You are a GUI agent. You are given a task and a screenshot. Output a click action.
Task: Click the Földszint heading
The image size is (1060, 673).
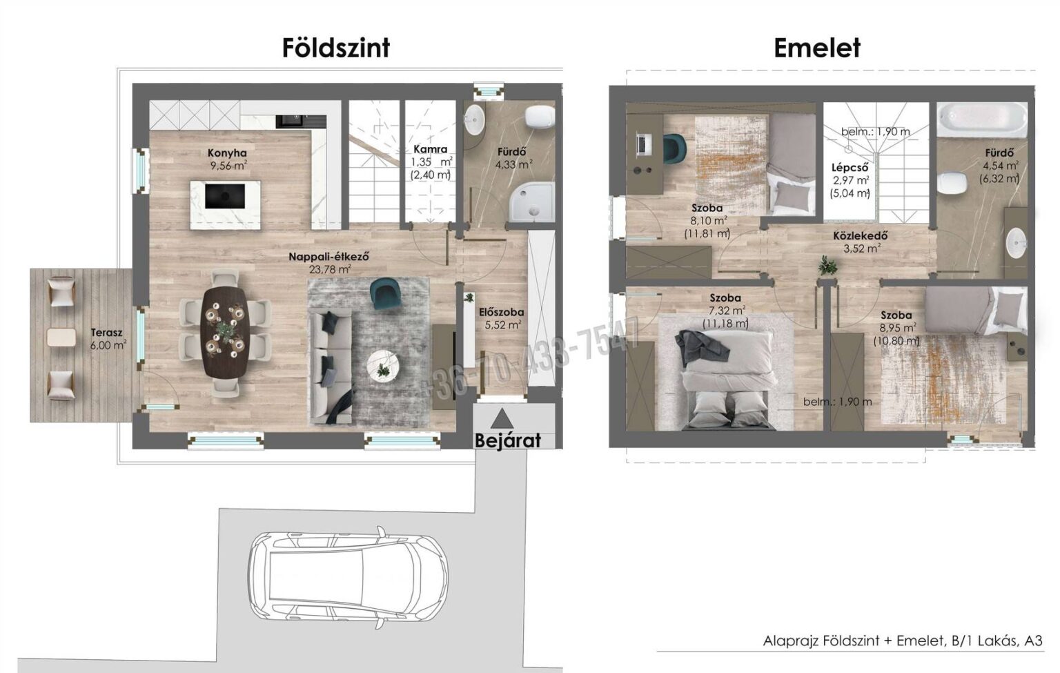coord(336,48)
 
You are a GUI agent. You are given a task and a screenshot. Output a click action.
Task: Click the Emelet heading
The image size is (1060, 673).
coord(817,48)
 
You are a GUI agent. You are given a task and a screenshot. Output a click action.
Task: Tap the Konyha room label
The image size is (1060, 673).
coord(227,153)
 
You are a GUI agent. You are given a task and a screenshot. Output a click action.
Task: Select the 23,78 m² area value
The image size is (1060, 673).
coord(330,270)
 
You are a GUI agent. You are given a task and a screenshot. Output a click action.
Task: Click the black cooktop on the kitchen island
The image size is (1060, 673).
coord(225,196)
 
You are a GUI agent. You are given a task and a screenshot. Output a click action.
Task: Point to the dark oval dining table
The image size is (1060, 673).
coord(225,333)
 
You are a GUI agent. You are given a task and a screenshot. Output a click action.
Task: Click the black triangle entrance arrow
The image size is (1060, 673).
coord(502,420)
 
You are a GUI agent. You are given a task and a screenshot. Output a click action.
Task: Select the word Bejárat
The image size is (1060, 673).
coord(508,440)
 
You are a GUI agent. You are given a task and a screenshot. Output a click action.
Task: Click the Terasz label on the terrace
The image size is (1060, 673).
coord(106,333)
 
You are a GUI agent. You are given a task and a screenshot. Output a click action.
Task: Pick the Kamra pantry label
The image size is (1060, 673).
coord(430,149)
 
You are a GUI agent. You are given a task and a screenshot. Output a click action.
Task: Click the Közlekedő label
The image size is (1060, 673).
coord(861,235)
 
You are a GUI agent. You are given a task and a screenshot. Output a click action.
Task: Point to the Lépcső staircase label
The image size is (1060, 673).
coord(850,167)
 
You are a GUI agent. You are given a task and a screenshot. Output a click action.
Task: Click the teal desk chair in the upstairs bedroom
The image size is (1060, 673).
coord(674,148)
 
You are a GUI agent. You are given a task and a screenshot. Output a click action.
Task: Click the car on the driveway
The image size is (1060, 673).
coord(347,578)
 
